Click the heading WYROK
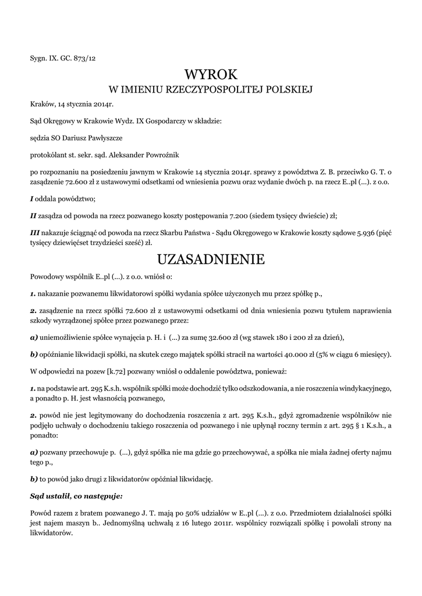[211, 74]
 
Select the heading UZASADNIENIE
[211, 258]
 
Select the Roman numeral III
[35, 232]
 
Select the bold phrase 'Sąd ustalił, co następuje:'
[76, 496]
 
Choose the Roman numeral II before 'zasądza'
[33, 215]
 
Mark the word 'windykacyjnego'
[363, 388]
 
